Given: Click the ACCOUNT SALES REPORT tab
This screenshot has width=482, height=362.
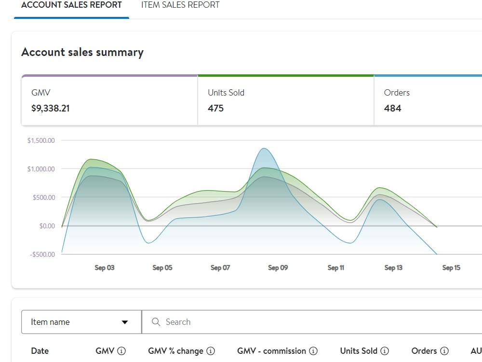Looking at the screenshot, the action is tap(71, 5).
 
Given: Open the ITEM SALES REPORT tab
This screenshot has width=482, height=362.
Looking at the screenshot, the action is tap(180, 5).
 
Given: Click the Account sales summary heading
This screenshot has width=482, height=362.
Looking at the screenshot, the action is tap(82, 52).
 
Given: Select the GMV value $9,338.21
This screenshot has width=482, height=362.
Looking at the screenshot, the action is tap(51, 108).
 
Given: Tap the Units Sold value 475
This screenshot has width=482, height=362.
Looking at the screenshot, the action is tap(215, 108).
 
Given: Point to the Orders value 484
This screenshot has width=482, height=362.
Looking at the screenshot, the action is tap(392, 108).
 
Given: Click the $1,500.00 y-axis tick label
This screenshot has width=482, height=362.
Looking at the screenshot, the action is tap(41, 140).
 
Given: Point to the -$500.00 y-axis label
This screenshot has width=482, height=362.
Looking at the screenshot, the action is tap(42, 254).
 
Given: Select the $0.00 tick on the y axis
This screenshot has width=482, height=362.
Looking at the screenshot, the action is tap(47, 226).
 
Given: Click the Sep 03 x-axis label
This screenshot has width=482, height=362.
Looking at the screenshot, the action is tap(105, 268).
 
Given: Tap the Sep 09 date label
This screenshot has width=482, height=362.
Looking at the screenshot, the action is tap(278, 268).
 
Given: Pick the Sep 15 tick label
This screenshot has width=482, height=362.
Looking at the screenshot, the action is tap(451, 268).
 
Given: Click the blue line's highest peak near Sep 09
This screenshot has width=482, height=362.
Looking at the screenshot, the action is tap(264, 148).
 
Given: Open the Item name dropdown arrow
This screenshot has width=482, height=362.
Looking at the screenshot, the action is tap(125, 322).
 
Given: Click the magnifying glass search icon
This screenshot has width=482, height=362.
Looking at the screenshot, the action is tap(156, 322).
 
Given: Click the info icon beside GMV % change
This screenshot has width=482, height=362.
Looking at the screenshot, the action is tap(211, 351).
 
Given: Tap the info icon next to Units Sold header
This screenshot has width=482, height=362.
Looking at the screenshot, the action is tap(385, 351).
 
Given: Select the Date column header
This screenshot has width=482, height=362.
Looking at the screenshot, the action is tap(40, 351).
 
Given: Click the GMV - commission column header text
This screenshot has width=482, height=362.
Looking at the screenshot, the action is tap(271, 351).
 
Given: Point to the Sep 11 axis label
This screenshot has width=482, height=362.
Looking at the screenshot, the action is tap(335, 268).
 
